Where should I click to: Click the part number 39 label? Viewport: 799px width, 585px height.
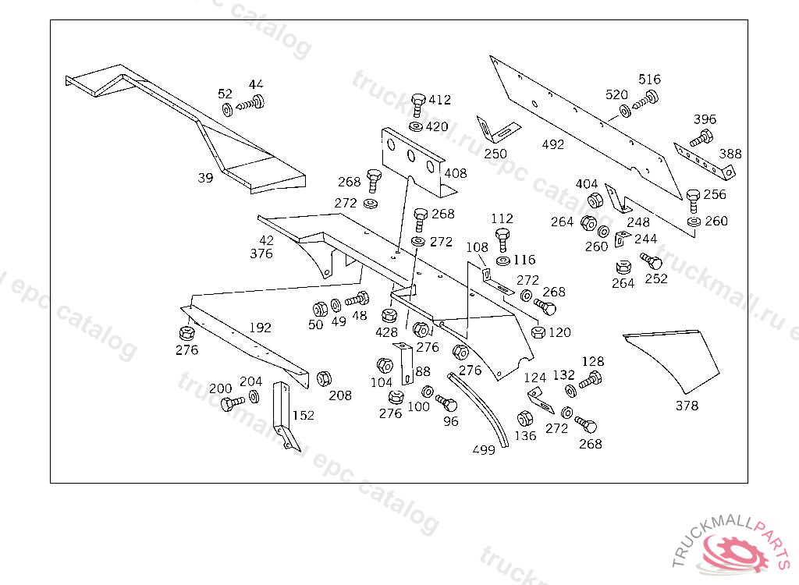(205, 178)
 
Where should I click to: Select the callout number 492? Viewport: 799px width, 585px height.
(552, 144)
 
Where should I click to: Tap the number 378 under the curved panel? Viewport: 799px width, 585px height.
(687, 406)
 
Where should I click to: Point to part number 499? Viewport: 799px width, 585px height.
(484, 450)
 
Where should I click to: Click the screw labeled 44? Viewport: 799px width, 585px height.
(252, 101)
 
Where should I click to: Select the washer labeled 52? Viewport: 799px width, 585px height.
(227, 109)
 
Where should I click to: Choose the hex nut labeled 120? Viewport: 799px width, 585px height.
(538, 332)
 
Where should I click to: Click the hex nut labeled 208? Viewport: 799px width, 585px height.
(324, 379)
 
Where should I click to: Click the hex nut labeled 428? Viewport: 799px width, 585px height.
(389, 317)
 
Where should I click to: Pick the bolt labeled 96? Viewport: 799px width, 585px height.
(448, 403)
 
